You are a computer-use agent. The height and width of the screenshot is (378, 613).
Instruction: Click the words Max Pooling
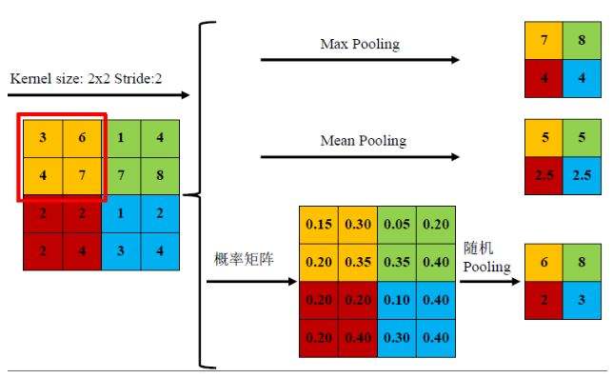click(360, 45)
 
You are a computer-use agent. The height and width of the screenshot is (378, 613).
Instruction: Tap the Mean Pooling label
click(363, 141)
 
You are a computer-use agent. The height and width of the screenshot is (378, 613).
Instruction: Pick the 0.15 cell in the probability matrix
click(318, 224)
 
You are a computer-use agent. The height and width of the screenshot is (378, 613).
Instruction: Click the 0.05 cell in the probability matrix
click(396, 224)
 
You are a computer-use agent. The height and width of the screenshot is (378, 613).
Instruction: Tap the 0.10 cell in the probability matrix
click(396, 297)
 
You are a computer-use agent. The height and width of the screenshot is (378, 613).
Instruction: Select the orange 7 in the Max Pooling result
click(544, 42)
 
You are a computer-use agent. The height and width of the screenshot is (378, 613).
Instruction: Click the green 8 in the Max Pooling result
click(582, 42)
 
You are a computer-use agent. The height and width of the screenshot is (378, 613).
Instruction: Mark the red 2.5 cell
click(544, 174)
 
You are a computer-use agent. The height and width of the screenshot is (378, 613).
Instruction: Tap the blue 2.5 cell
click(582, 174)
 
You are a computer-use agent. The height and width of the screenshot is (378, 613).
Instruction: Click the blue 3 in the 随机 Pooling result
click(582, 299)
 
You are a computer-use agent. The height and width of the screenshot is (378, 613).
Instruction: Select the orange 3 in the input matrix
click(42, 138)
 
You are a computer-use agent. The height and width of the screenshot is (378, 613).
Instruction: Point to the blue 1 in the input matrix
click(121, 212)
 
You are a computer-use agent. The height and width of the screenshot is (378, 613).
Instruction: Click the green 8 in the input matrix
click(160, 175)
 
